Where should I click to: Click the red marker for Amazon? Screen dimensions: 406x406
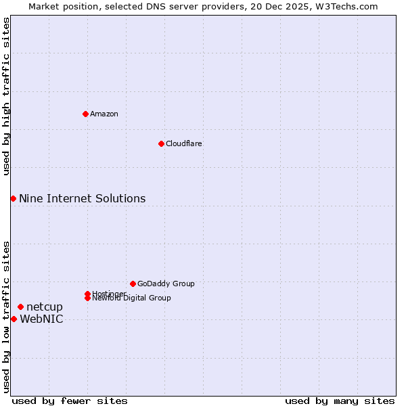pos(85,114)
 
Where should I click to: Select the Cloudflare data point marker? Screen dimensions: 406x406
pos(161,143)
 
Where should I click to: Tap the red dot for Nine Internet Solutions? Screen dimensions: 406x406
pos(13,198)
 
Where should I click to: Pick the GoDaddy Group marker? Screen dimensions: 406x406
pos(133,284)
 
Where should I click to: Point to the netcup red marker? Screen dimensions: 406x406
pos(20,307)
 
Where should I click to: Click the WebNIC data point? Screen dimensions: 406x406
pos(14,319)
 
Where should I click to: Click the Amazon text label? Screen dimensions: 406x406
pos(104,114)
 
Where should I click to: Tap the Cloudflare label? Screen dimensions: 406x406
pos(184,143)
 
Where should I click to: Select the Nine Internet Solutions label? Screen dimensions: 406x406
pos(82,198)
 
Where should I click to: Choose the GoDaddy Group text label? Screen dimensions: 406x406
pos(166,284)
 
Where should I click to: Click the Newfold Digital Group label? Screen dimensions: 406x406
pos(132,298)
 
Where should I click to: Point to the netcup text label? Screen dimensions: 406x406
pos(45,307)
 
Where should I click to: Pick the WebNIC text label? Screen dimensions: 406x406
pos(41,319)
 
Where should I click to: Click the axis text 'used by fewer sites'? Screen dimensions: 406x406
pos(70,401)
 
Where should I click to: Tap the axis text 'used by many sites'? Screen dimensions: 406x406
pos(340,401)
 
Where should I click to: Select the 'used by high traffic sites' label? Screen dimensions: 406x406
pos(6,96)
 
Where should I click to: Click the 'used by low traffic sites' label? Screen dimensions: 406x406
pos(6,317)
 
